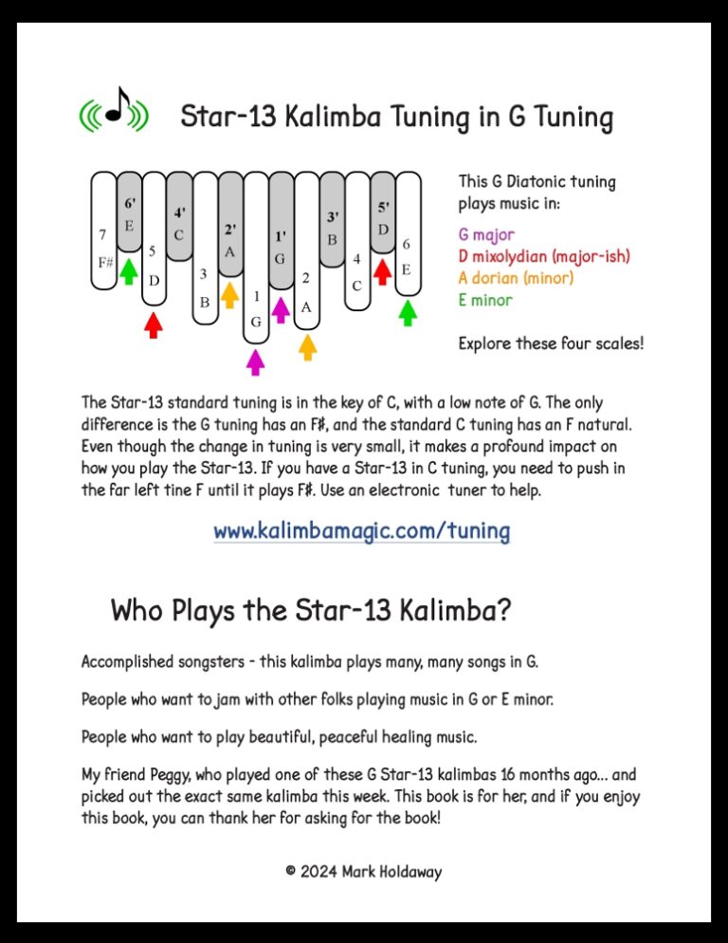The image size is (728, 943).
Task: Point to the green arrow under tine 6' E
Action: [x=128, y=271]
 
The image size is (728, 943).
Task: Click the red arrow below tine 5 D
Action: [x=154, y=324]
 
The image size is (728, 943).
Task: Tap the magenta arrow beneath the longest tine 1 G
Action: [x=255, y=361]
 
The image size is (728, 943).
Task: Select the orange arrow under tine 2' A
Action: [x=229, y=294]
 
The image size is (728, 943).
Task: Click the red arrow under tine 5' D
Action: [x=381, y=271]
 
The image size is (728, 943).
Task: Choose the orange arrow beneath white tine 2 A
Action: [x=306, y=346]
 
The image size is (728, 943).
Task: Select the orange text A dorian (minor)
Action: [x=516, y=278]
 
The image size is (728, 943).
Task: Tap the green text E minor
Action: [x=485, y=301]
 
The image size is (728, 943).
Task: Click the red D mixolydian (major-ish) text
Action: [x=543, y=256]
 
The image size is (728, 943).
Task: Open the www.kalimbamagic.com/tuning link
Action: [x=361, y=531]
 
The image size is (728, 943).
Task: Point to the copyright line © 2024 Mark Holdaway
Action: [x=363, y=871]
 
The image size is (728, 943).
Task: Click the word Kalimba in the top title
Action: [x=315, y=119]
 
